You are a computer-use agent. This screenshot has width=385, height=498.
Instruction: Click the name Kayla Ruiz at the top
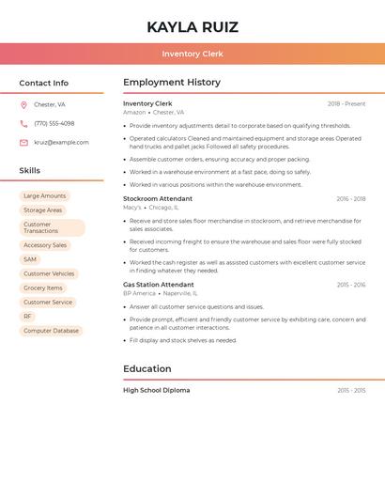(192, 27)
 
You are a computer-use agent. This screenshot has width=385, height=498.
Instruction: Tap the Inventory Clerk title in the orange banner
(192, 54)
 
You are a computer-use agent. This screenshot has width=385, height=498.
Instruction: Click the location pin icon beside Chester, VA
(23, 105)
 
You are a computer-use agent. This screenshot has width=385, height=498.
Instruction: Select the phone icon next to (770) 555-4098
(23, 124)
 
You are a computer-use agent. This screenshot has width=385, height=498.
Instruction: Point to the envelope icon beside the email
(23, 143)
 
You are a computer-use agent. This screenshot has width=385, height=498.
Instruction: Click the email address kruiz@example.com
(61, 143)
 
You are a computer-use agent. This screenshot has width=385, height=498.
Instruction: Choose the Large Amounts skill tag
(45, 196)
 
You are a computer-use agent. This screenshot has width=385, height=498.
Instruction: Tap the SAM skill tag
(30, 259)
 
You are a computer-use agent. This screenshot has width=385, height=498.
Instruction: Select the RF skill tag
(27, 317)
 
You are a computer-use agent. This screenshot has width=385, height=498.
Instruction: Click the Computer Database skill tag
(51, 331)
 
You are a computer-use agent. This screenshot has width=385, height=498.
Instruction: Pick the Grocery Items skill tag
(43, 288)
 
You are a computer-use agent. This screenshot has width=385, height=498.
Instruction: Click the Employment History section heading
(171, 83)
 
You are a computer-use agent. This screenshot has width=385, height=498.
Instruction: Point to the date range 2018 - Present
(346, 104)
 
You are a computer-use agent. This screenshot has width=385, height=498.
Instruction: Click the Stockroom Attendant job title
(158, 199)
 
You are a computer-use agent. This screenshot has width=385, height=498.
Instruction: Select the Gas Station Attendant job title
(159, 285)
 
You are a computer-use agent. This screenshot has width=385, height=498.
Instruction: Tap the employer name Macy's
(132, 208)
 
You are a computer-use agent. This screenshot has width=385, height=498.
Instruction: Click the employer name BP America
(139, 293)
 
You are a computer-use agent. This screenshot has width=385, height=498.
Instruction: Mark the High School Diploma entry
(156, 390)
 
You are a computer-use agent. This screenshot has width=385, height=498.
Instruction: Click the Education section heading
(147, 368)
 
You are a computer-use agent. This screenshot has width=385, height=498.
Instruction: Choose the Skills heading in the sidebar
(30, 171)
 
